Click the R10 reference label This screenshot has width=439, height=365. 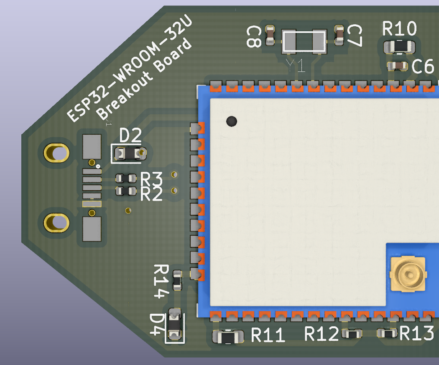(400, 29)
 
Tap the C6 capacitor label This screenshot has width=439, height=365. (423, 67)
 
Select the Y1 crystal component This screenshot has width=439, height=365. (304, 42)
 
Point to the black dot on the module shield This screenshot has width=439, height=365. (231, 121)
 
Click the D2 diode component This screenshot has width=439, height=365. (129, 154)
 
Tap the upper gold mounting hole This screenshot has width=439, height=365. (56, 153)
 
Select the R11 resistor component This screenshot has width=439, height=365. (228, 336)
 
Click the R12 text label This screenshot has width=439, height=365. (321, 334)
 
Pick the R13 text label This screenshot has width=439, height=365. (416, 334)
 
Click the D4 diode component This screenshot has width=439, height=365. (174, 325)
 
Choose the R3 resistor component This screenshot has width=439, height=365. (126, 179)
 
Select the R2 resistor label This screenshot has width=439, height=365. (151, 194)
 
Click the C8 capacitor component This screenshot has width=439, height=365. (271, 35)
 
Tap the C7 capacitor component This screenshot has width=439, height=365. (339, 35)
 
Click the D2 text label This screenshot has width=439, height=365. (130, 136)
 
